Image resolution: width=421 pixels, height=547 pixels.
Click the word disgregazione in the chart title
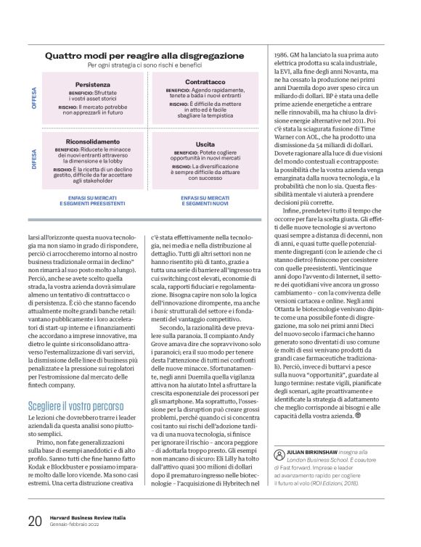pyautogui.click(x=203, y=55)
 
